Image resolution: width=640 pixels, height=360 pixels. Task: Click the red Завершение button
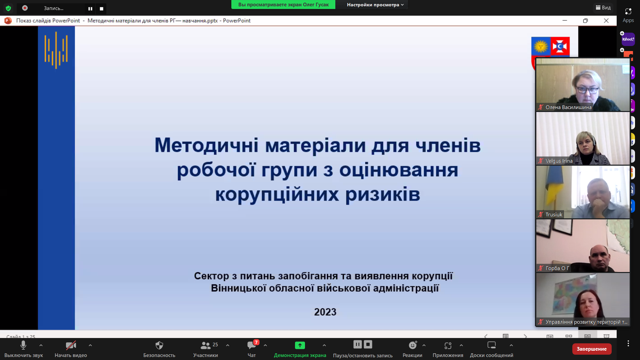(x=592, y=349)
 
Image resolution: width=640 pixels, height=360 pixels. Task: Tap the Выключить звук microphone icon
(x=23, y=345)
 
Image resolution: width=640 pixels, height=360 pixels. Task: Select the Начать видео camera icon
(x=71, y=345)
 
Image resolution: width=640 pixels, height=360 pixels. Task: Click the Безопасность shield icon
(x=159, y=345)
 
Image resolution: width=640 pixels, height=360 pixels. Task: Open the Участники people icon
(x=205, y=345)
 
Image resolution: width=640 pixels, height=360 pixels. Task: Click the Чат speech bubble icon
(x=252, y=345)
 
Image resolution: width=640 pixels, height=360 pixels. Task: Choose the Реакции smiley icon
(x=413, y=345)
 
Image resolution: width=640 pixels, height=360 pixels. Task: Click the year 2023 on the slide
(x=325, y=312)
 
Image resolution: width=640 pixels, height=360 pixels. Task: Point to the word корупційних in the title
(x=276, y=194)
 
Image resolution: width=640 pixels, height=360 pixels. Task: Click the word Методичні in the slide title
(x=207, y=145)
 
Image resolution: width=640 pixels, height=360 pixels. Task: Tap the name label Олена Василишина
(x=568, y=107)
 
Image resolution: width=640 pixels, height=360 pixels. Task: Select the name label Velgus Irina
(x=559, y=161)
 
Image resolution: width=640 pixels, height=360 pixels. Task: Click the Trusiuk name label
(x=554, y=215)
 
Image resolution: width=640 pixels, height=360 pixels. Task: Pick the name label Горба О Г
(x=557, y=268)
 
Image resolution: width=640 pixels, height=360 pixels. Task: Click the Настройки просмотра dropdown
(x=375, y=5)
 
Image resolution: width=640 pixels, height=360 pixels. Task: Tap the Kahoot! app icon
(x=628, y=39)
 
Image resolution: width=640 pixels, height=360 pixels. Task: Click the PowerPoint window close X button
(x=606, y=21)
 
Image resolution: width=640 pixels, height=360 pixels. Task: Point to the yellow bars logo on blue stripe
(x=56, y=50)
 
